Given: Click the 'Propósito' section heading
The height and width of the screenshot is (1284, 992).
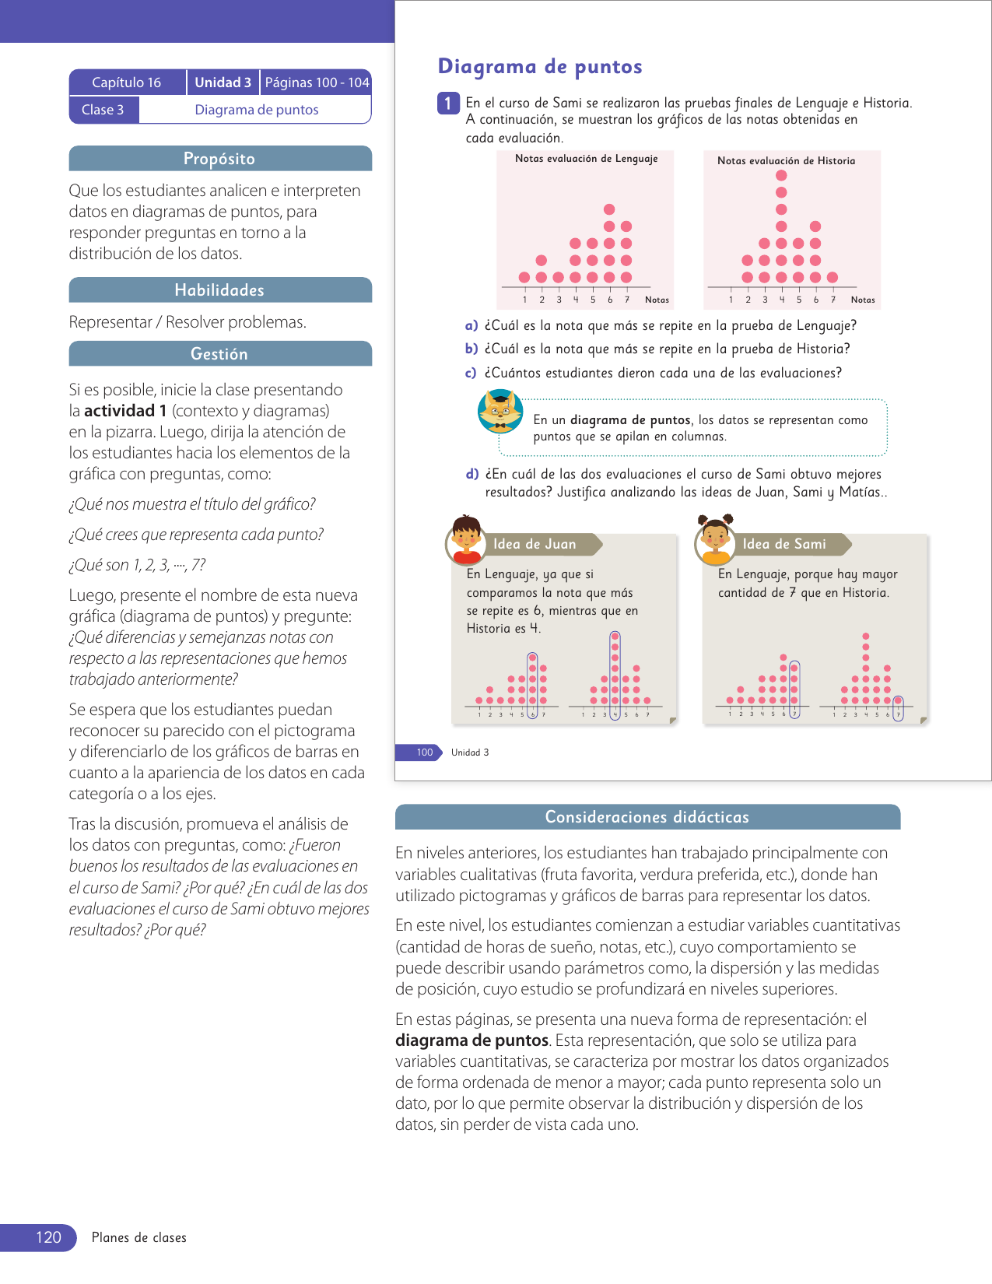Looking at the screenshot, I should pos(219,159).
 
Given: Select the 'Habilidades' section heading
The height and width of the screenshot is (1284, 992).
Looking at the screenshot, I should pos(219,290).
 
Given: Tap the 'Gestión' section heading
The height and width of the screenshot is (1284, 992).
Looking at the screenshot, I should pos(219,354).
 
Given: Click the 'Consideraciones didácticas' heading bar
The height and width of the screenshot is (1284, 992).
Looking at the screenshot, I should pos(647,817).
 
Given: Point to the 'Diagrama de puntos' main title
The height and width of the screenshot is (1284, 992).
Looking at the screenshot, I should pos(540,67).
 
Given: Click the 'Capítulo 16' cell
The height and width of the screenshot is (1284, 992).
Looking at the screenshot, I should pos(127,82).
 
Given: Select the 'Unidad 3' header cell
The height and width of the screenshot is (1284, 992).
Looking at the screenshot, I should pos(223,82).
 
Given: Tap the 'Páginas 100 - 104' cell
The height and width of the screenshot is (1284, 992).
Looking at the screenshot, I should pos(317,82).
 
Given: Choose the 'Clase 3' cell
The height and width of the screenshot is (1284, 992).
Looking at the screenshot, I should pos(103,110).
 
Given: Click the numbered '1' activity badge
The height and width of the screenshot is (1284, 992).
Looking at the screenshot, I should pos(448,103).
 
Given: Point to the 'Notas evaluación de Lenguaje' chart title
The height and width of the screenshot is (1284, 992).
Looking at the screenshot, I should pos(586,159).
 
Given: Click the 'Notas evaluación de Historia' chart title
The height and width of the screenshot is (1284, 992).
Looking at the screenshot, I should pos(786,161).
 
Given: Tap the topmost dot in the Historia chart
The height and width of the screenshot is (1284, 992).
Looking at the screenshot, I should pos(781,175).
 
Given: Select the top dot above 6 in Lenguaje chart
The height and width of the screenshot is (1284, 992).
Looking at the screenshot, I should pos(609,209).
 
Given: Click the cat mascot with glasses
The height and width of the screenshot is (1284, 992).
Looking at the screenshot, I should pos(500,412).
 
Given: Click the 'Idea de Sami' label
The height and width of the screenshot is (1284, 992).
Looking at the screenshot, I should pos(784,544).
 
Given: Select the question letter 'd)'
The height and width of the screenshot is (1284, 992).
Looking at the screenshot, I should pos(472,474).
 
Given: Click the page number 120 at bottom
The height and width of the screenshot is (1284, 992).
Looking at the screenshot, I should pos(48,1237).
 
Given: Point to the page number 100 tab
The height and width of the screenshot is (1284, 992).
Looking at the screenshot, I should pos(424,753).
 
